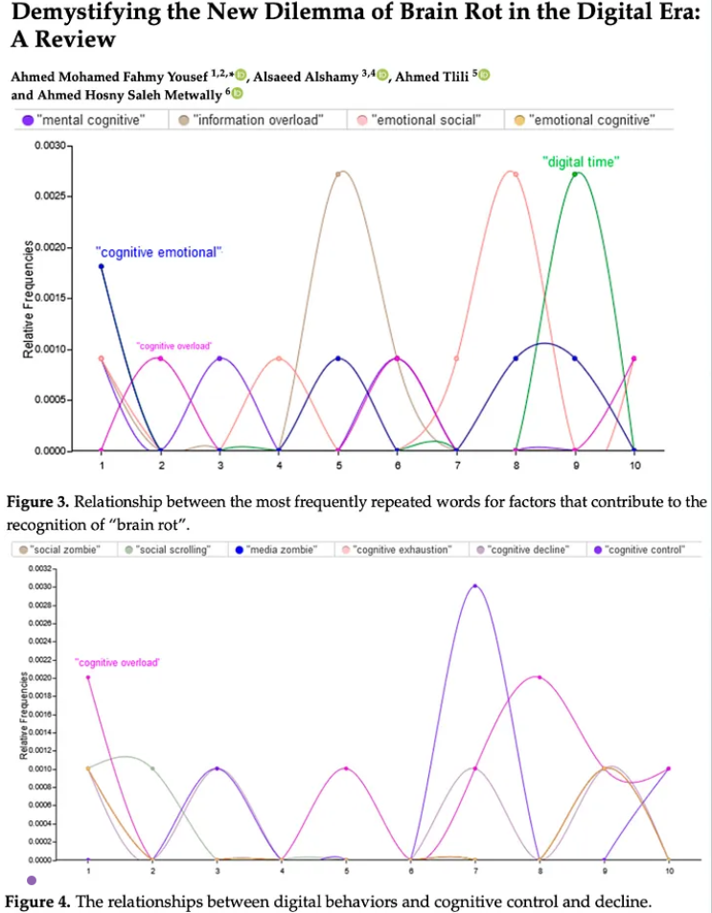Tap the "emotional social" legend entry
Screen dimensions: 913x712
click(425, 120)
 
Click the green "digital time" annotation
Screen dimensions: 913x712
click(579, 162)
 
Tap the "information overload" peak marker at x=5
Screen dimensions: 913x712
click(338, 173)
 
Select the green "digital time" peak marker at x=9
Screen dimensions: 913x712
click(575, 173)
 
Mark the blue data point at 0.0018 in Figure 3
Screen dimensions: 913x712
click(101, 266)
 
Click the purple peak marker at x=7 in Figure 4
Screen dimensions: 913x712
click(474, 586)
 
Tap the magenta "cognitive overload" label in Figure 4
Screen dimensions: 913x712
click(117, 662)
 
